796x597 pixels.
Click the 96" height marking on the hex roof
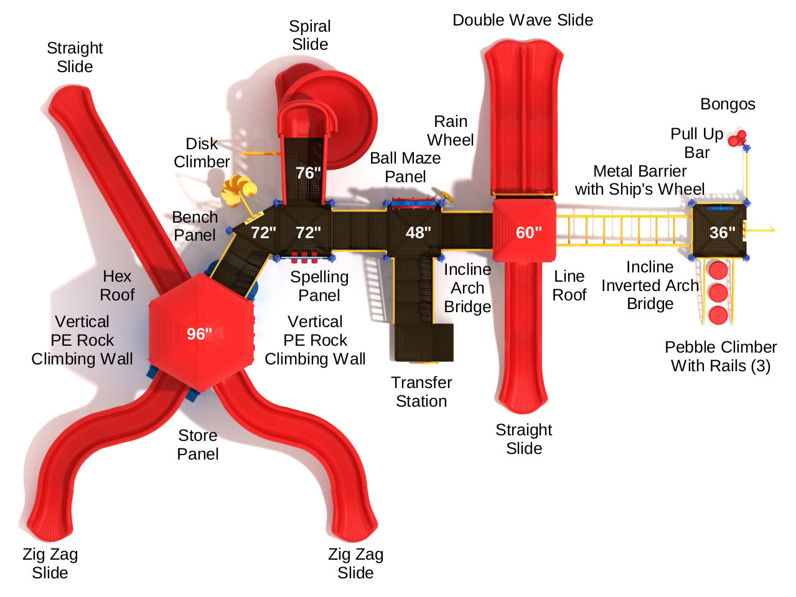coord(199,334)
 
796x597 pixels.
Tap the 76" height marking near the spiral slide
coord(308,173)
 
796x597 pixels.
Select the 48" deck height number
coord(418,233)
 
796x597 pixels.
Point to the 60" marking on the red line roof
coord(528,233)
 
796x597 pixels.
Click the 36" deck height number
coord(722,233)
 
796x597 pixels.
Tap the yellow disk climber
coord(239,189)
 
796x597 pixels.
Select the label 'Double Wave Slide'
coord(523,20)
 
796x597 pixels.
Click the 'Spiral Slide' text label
coord(310,35)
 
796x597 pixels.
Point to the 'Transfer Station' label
coord(421,392)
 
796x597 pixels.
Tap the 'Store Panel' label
coord(198,445)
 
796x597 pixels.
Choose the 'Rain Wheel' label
coord(450,131)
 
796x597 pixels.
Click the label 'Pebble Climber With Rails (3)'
coord(721,356)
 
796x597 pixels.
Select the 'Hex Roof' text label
coord(117,285)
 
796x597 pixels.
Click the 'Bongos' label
coord(728,104)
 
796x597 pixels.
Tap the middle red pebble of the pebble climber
coord(718,292)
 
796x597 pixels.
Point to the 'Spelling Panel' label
coord(319,286)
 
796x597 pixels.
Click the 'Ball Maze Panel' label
coord(405,167)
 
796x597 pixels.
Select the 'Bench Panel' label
coord(195,226)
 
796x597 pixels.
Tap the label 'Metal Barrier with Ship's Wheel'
coord(640,180)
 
